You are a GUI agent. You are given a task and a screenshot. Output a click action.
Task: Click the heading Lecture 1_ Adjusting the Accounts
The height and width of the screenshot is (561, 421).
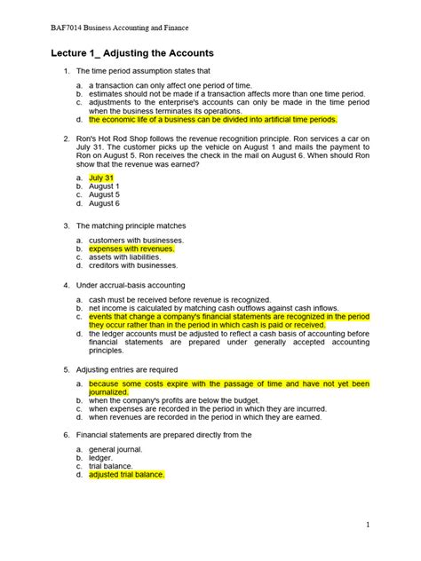click(132, 53)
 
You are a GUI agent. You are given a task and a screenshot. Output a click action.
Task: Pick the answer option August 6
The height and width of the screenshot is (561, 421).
click(105, 203)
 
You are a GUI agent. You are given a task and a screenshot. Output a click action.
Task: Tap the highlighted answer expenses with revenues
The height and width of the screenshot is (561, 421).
click(131, 249)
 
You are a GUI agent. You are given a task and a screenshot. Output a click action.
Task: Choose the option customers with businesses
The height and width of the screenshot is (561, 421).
click(136, 241)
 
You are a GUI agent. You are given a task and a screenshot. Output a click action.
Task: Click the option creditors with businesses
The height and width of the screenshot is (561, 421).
click(133, 265)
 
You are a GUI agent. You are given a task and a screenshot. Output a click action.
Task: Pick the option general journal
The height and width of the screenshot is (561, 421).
click(115, 449)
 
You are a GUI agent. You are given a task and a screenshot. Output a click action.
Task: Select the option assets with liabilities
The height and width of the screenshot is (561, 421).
click(125, 257)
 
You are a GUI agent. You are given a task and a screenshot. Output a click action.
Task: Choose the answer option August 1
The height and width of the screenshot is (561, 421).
click(105, 186)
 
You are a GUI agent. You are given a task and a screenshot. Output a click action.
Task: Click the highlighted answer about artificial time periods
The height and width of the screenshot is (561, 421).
click(213, 119)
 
